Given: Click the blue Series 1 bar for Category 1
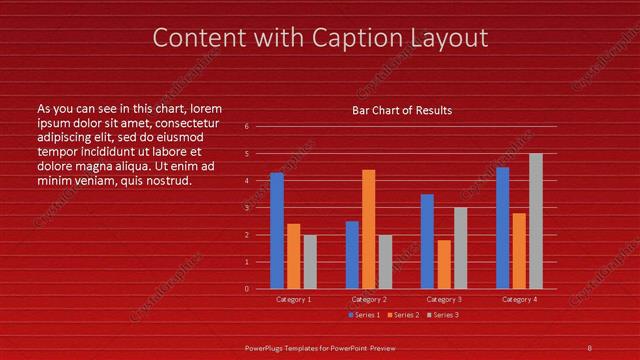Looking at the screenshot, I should tap(277, 230).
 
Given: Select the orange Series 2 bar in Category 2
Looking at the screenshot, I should tap(369, 228).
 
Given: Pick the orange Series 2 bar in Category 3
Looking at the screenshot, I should tap(444, 264).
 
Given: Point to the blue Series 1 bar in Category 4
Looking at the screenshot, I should tap(502, 227).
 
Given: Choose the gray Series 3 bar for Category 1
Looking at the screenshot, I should tap(310, 261).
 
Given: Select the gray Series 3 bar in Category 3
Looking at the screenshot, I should tap(460, 247).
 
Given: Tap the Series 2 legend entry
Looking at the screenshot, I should tap(402, 315).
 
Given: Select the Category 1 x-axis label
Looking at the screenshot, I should tap(293, 299).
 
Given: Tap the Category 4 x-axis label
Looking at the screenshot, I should tap(518, 299).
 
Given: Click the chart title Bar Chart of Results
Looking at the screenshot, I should tap(402, 110).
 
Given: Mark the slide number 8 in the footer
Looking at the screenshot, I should tap(589, 347).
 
